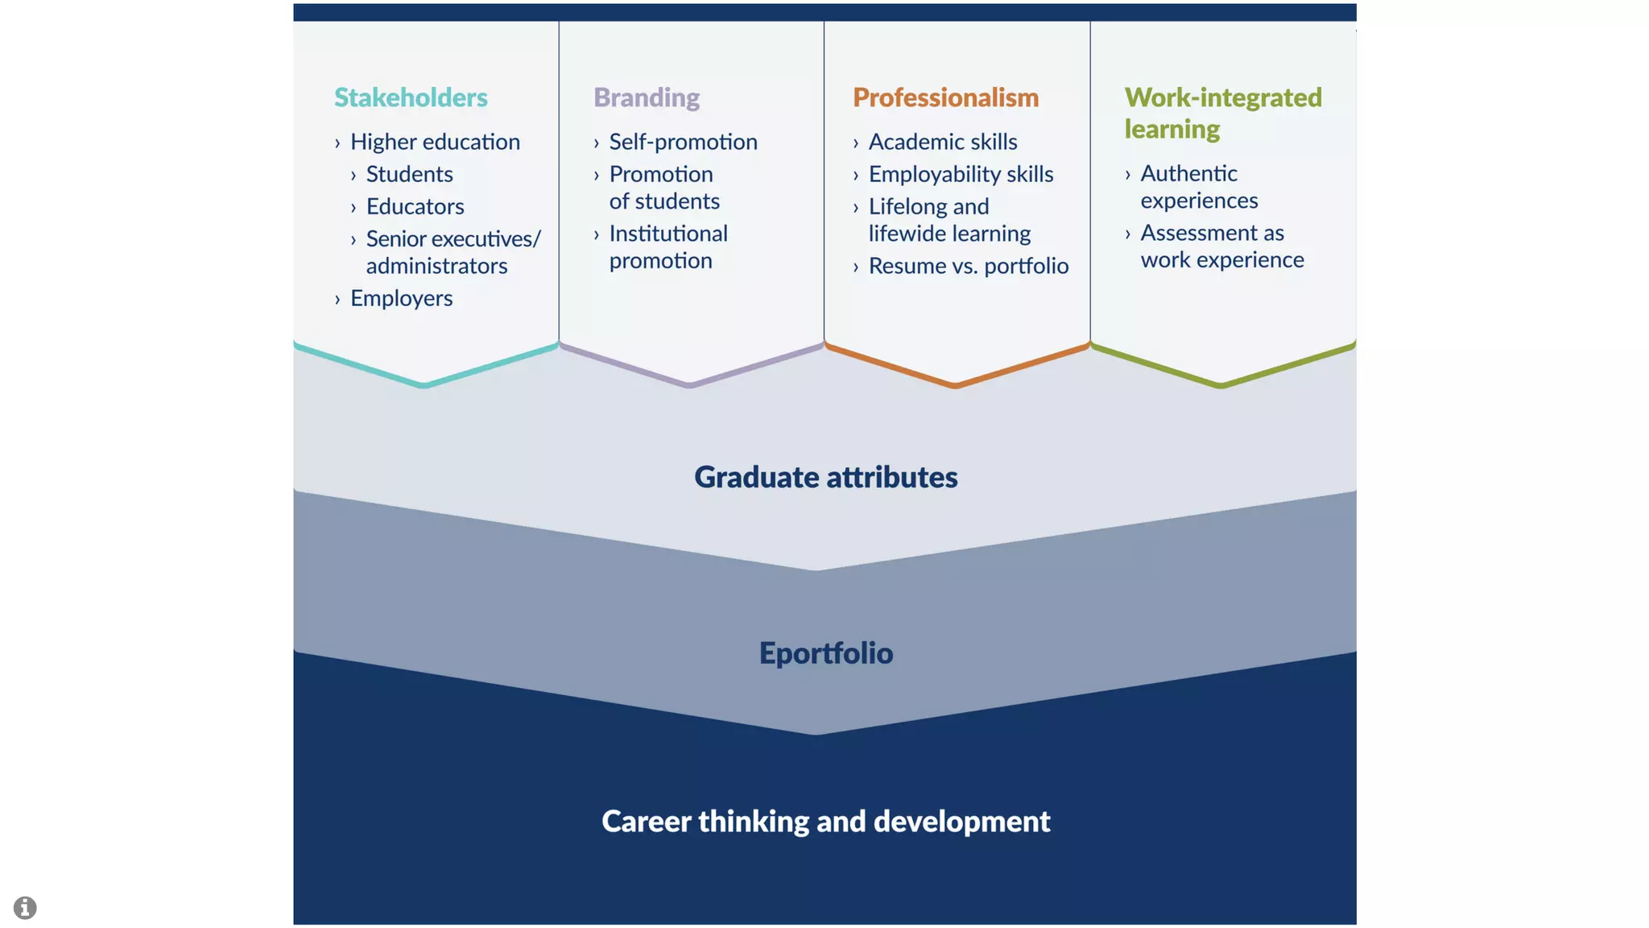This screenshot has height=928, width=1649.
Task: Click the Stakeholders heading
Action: [x=411, y=97]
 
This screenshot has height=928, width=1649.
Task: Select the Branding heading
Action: [x=647, y=97]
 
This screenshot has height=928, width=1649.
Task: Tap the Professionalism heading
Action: [x=945, y=97]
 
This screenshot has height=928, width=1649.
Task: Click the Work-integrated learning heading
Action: [x=1222, y=113]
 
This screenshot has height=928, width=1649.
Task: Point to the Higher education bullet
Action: [x=435, y=142]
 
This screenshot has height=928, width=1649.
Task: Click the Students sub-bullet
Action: [x=409, y=174]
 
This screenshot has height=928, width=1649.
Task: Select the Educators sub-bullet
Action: [x=415, y=206]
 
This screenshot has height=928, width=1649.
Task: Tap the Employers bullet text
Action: [x=401, y=298]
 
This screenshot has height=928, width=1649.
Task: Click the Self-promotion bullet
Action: [x=683, y=142]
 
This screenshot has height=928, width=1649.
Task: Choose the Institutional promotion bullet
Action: [x=667, y=246]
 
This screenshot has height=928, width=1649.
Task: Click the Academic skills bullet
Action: [x=942, y=142]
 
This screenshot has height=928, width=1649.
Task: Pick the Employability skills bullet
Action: [x=961, y=174]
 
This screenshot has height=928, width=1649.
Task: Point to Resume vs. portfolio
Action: [x=968, y=266]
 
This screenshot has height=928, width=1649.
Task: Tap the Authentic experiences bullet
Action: [x=1198, y=186]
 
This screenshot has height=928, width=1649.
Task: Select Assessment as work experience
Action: [x=1221, y=246]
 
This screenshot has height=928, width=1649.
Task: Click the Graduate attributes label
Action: [x=825, y=477]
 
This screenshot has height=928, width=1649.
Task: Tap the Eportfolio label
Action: [x=825, y=652]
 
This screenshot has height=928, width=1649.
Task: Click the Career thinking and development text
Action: [x=825, y=821]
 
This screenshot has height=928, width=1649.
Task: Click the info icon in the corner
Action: [x=25, y=907]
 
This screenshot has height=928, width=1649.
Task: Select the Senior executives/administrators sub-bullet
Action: [x=453, y=252]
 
